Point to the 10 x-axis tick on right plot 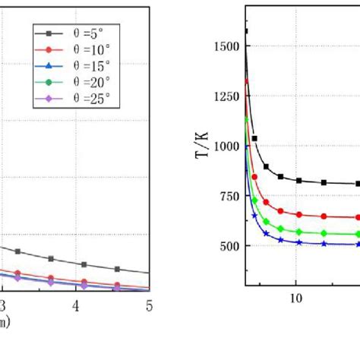point(296,298)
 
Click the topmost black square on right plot point(246,31)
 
